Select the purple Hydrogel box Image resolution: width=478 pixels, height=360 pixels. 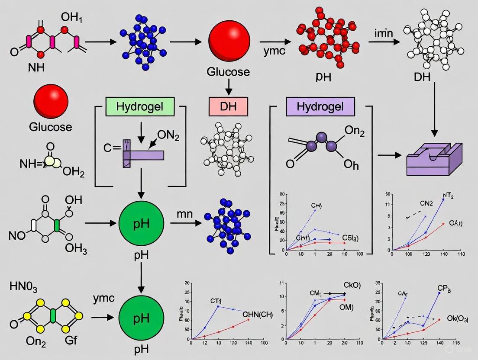(320, 106)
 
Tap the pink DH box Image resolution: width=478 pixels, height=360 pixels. (229, 106)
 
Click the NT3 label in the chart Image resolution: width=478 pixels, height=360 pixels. (448, 195)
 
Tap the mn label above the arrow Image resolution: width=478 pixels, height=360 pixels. (184, 214)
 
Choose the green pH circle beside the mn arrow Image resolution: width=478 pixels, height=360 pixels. (141, 224)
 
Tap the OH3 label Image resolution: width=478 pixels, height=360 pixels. (76, 248)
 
